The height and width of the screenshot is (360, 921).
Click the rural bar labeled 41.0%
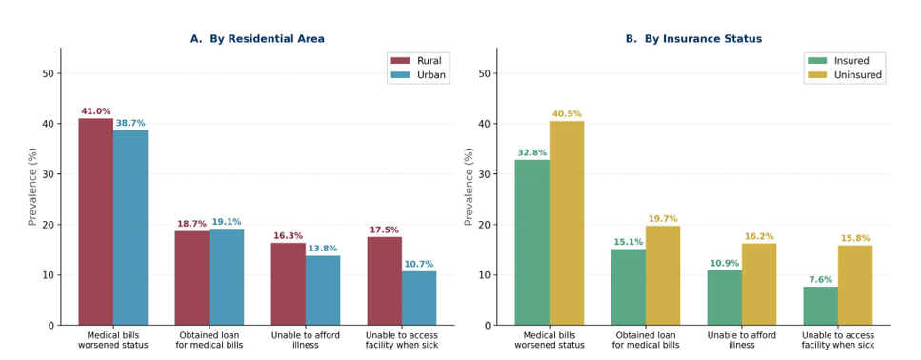(x=96, y=222)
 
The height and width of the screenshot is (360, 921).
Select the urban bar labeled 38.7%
(x=130, y=228)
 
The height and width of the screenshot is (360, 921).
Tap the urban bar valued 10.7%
(x=419, y=298)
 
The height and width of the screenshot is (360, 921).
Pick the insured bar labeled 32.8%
(x=532, y=243)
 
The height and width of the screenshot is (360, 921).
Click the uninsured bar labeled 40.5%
(x=567, y=223)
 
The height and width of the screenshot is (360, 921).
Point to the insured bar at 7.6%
(x=821, y=306)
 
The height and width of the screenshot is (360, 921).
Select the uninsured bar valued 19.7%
(x=663, y=275)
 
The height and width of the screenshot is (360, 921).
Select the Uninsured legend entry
(x=845, y=75)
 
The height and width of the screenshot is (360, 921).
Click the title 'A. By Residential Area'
(x=257, y=39)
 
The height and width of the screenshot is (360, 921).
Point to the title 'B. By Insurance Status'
(x=693, y=39)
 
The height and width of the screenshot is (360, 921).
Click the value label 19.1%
(x=227, y=222)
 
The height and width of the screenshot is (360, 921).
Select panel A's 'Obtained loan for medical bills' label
(x=210, y=340)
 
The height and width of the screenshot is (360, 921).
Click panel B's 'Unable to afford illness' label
(x=742, y=340)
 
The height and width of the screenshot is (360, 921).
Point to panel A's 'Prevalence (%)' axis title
(x=33, y=187)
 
